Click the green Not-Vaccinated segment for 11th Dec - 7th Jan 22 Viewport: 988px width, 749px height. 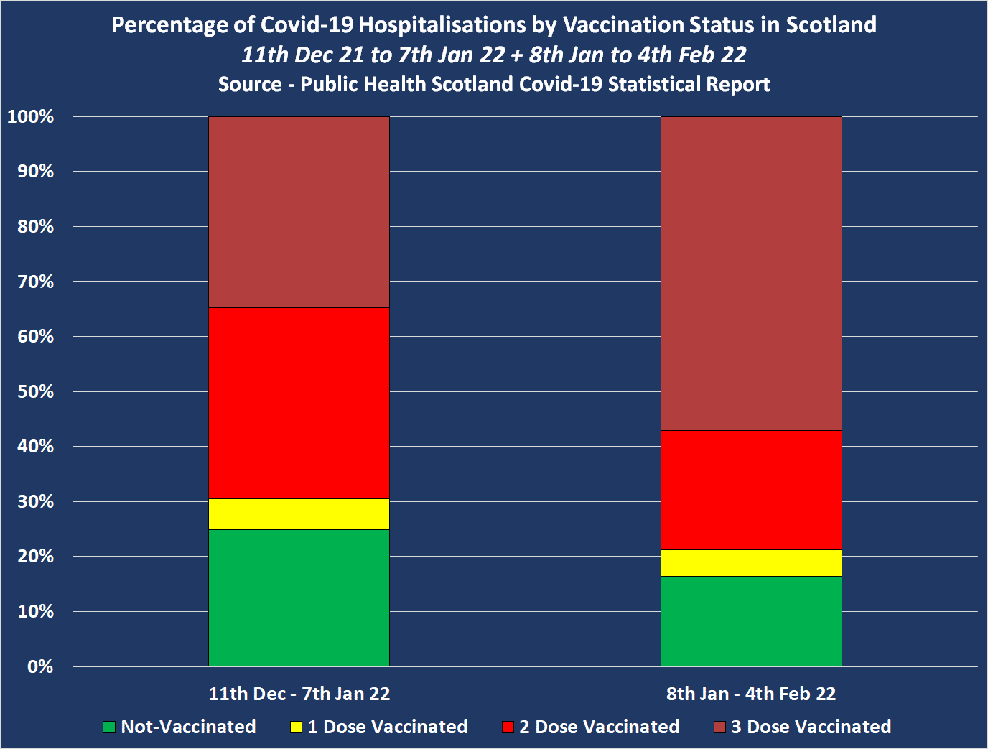[299, 597]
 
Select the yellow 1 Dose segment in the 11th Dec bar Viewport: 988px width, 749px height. [299, 514]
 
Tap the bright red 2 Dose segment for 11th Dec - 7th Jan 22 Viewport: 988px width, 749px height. [299, 403]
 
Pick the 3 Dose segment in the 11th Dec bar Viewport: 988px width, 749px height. [299, 212]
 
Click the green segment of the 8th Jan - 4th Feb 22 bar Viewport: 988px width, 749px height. [751, 621]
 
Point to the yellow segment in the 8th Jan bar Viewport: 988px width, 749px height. [751, 563]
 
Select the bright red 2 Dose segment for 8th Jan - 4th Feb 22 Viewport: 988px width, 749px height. [751, 490]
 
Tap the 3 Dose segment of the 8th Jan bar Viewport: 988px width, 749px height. [751, 273]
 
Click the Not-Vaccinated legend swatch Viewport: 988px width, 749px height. [109, 727]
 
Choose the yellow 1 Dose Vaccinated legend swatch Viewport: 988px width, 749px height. [296, 727]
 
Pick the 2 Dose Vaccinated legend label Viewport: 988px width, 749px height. [599, 727]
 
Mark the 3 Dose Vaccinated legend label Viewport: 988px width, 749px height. [811, 727]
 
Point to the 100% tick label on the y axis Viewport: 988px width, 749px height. [30, 116]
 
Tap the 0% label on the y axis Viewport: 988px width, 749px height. [40, 666]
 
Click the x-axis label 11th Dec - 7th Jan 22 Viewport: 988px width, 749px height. [299, 694]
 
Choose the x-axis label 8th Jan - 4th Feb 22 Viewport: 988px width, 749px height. [751, 694]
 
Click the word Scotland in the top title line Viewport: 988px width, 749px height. [831, 24]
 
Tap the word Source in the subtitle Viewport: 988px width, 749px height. [250, 84]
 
